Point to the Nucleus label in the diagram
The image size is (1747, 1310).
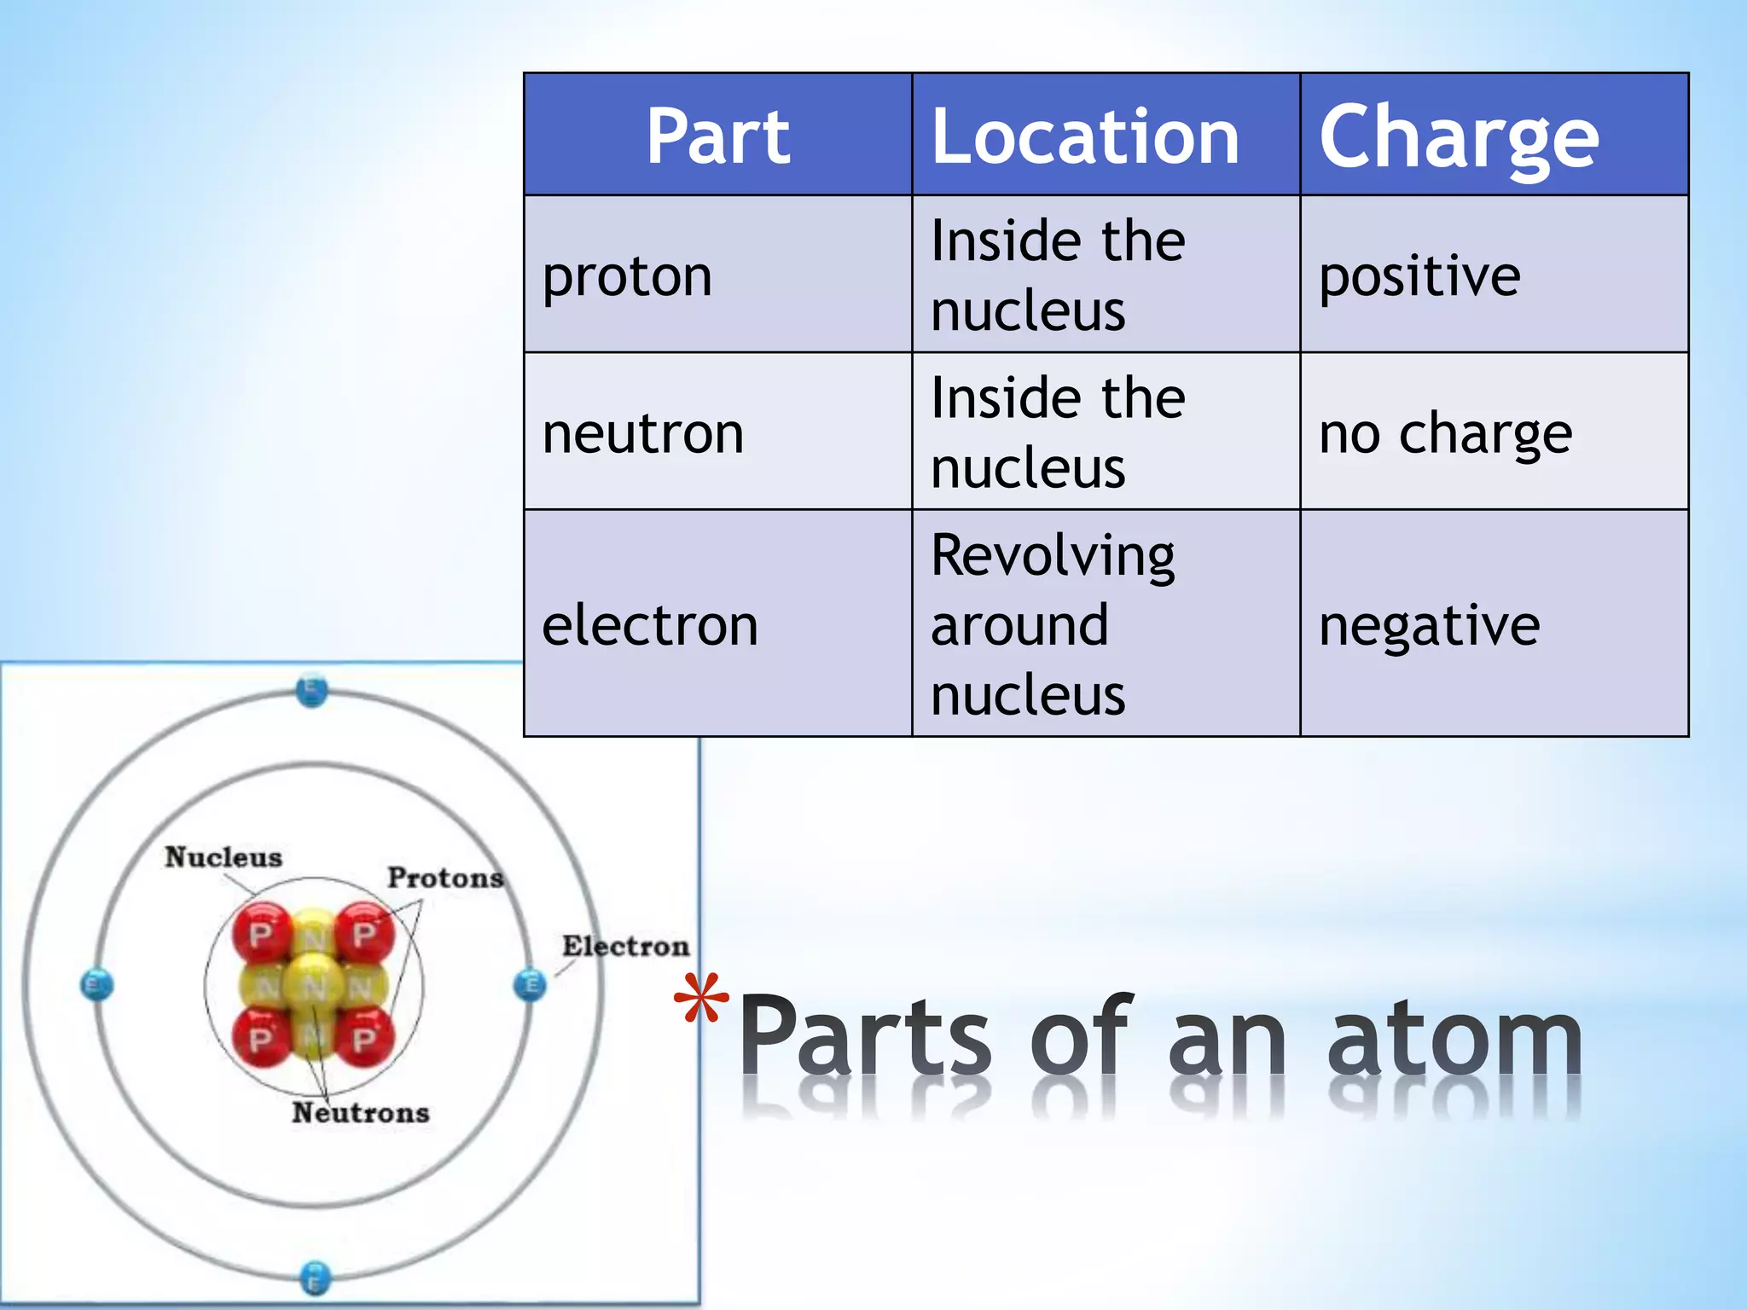click(x=223, y=856)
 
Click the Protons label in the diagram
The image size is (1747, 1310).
click(x=445, y=878)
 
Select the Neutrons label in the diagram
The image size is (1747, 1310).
click(x=361, y=1112)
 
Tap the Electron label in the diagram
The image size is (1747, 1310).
click(x=625, y=946)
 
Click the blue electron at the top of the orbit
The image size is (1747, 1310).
click(x=311, y=689)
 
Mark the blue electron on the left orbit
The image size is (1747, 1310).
click(x=96, y=985)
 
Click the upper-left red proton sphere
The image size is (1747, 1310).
click(x=261, y=934)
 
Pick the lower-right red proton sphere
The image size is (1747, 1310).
click(x=364, y=1038)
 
